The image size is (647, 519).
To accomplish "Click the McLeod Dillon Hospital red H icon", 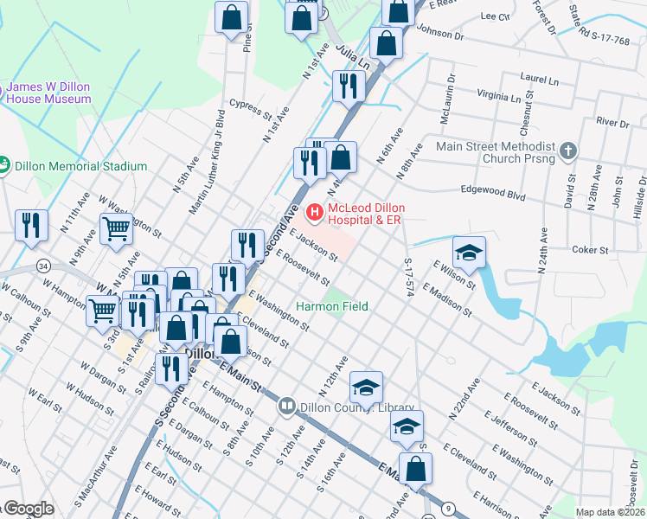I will point(314,211).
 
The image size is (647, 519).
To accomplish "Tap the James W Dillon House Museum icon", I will point(3,87).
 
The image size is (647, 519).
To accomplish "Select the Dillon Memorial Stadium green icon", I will point(3,165).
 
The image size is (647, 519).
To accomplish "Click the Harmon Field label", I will point(331,306).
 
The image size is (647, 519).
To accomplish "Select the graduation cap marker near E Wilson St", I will point(469,252).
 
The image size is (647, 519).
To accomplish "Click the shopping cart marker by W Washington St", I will point(117,230).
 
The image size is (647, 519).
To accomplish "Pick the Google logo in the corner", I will point(28,509).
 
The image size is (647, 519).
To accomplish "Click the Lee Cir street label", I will point(494,16).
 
